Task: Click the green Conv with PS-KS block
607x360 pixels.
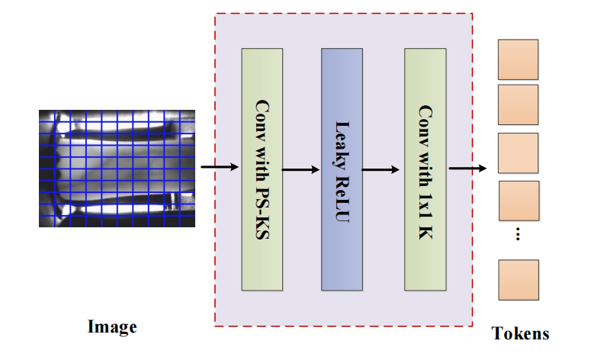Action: coord(262,169)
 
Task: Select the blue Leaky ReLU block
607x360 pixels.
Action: coord(341,169)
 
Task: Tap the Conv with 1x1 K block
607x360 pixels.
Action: coord(426,169)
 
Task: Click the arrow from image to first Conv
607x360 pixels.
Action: coord(218,166)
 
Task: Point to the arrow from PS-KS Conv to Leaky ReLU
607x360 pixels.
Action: coord(301,169)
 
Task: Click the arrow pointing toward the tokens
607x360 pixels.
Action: coord(467,169)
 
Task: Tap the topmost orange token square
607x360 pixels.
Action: coord(519,59)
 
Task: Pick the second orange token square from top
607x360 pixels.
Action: coord(519,104)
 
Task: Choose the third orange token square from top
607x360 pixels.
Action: coord(519,153)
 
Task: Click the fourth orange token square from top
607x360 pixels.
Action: coord(519,201)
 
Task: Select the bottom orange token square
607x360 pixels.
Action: coord(519,280)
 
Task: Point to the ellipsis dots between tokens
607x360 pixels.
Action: coord(518,234)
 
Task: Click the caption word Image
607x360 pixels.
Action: coord(112,327)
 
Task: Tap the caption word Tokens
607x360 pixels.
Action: coord(520,333)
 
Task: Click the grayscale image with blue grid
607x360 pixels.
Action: coord(118,168)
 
